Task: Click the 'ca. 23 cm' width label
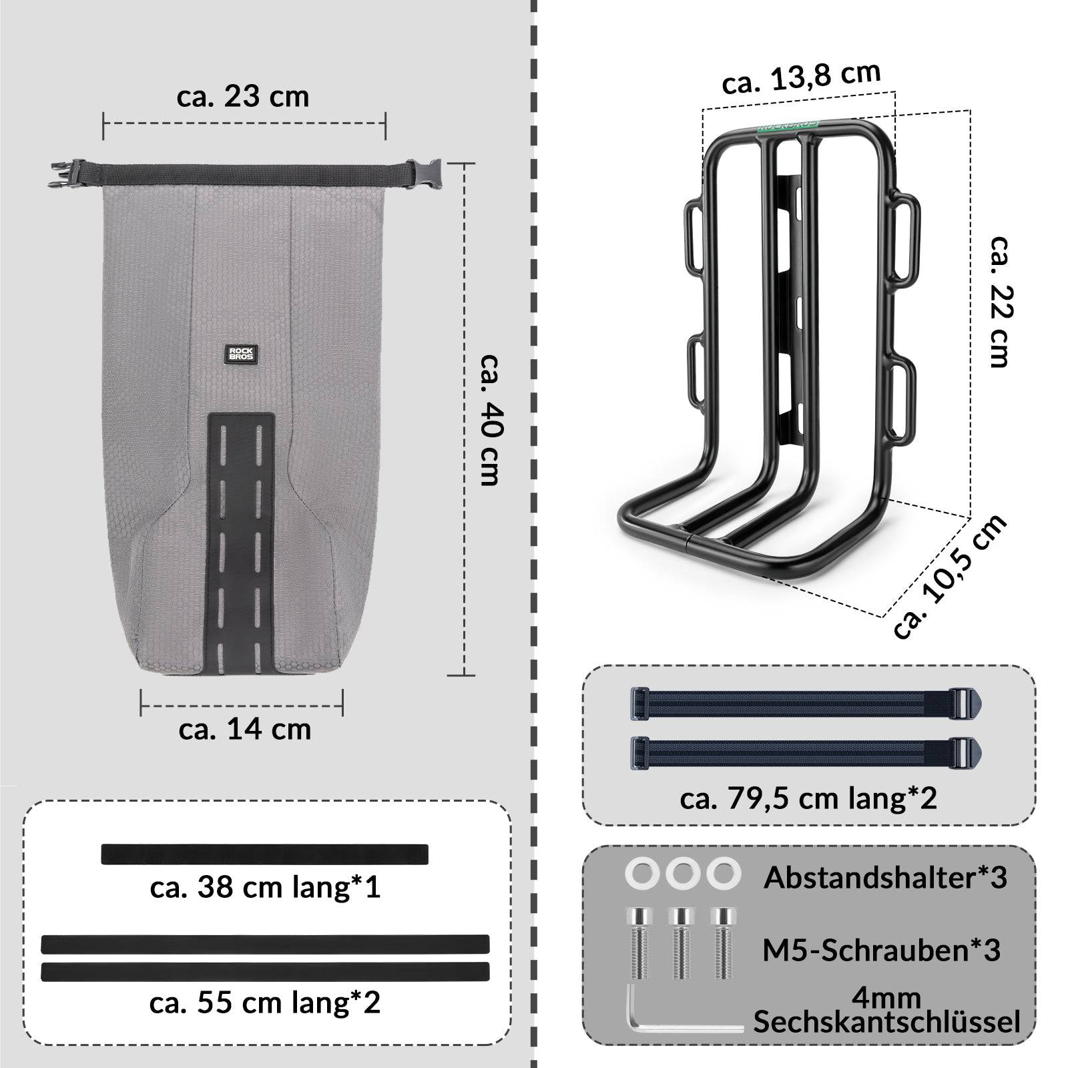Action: coord(243,97)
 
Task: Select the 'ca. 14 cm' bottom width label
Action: coord(244,729)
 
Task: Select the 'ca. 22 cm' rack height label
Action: coord(999,300)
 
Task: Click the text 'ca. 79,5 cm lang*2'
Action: coord(808,798)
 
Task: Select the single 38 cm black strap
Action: coord(264,854)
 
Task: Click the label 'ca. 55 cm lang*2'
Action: coord(265,1003)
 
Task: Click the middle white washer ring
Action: coord(682,874)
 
